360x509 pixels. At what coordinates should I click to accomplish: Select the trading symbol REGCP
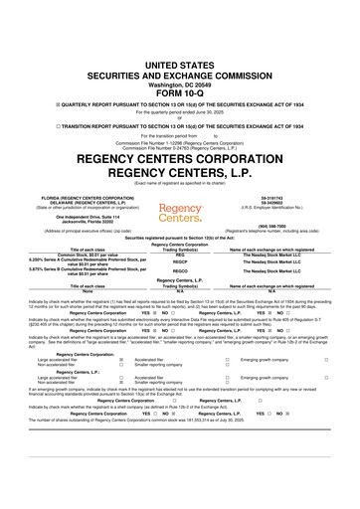tap(181, 263)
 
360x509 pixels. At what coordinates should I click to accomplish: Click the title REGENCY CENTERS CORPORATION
tap(180, 133)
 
